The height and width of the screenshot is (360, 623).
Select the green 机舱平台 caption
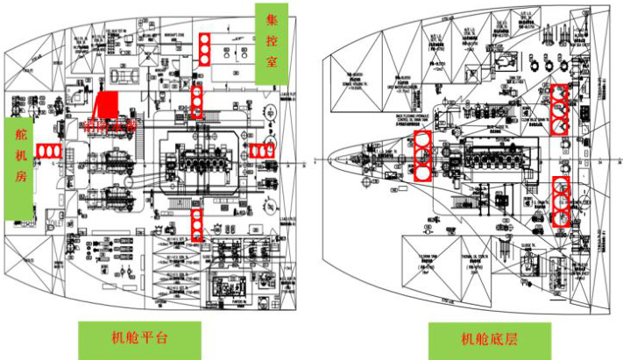pos(139,338)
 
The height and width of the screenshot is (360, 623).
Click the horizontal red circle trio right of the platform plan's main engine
pos(261,151)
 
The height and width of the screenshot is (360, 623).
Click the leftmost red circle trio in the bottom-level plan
pos(423,154)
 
